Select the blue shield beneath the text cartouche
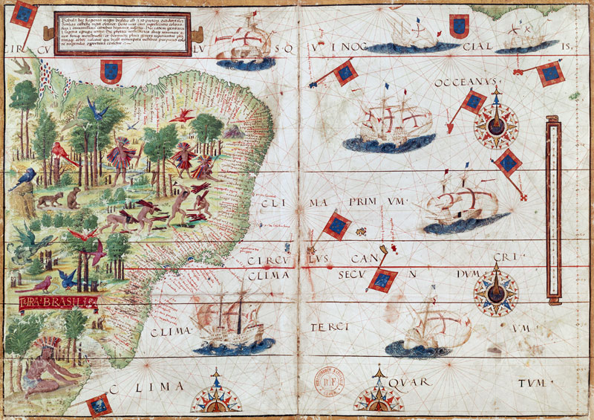[110, 71]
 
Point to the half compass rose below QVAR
[379, 398]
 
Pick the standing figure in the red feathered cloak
[119, 158]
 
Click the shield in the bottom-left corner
[98, 404]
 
